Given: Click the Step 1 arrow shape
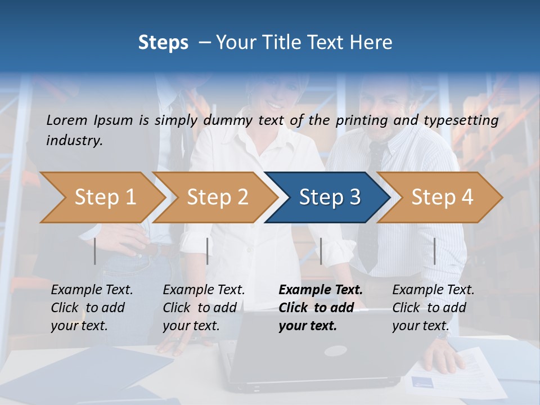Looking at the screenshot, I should pyautogui.click(x=101, y=197).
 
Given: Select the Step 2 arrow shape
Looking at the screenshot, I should pyautogui.click(x=217, y=197).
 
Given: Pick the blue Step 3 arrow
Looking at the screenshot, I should pyautogui.click(x=329, y=197).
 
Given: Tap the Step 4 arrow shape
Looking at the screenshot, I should pyautogui.click(x=442, y=197).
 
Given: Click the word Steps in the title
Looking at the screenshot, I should pyautogui.click(x=163, y=43).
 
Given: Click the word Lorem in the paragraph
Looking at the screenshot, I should pyautogui.click(x=67, y=120).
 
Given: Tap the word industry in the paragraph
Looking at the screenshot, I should pyautogui.click(x=74, y=141).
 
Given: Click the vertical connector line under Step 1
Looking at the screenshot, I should pyautogui.click(x=95, y=251).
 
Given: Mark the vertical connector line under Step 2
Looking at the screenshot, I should pyautogui.click(x=208, y=251).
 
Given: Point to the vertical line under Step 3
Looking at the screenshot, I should pyautogui.click(x=321, y=251).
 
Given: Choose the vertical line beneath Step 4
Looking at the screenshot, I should pyautogui.click(x=434, y=251).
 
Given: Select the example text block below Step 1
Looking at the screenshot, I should pyautogui.click(x=92, y=307).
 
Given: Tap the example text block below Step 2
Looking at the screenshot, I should pyautogui.click(x=204, y=307).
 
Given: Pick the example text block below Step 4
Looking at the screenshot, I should pyautogui.click(x=433, y=307).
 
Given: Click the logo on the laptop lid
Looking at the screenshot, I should pyautogui.click(x=336, y=351).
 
